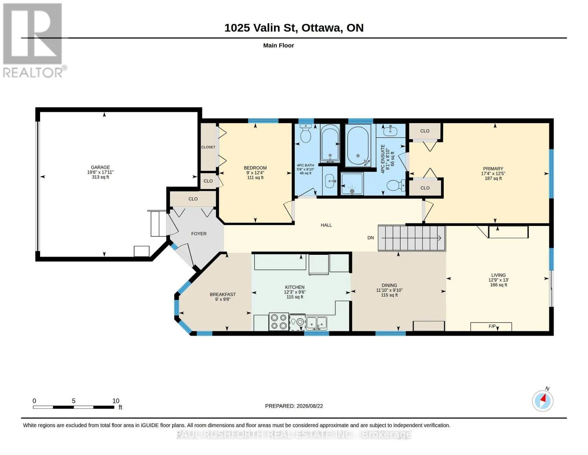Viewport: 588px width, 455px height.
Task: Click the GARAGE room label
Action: (100, 167)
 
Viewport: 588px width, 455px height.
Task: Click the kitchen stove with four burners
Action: (279, 322)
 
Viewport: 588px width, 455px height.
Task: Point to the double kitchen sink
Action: (316, 323)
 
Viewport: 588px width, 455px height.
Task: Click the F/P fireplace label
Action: (492, 326)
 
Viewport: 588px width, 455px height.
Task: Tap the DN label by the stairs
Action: (370, 238)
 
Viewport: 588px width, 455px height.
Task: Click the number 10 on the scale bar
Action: (116, 401)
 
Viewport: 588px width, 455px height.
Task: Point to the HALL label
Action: (326, 225)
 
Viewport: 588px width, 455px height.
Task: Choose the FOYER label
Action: (199, 234)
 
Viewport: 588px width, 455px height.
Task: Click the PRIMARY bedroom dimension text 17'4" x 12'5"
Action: (493, 173)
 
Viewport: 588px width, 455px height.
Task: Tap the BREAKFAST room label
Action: (223, 294)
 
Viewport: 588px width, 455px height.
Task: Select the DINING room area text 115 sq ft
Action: (389, 295)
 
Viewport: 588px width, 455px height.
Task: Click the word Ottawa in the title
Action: (321, 28)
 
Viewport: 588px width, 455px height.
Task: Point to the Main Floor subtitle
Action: (278, 45)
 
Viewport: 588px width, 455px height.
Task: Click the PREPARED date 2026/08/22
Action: (310, 406)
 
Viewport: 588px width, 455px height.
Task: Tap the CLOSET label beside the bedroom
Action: (208, 147)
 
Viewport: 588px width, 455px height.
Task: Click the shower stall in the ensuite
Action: (352, 184)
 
